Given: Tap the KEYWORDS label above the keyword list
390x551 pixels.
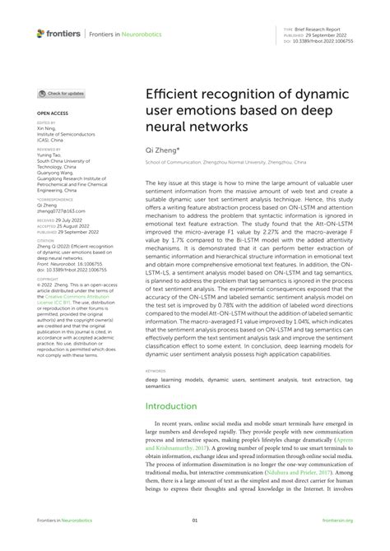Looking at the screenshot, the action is (x=155, y=372).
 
